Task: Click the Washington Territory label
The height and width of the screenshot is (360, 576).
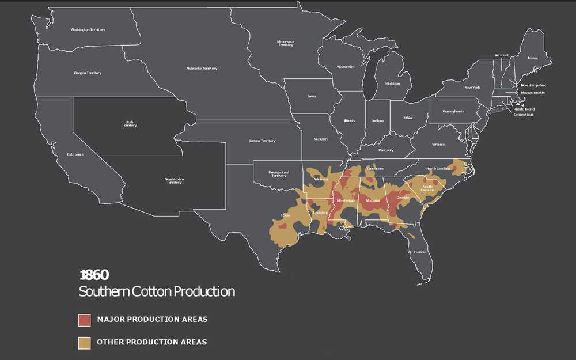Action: click(x=88, y=29)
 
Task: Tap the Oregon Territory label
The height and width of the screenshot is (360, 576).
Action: click(x=88, y=73)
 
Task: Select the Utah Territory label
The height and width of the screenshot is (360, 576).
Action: click(x=129, y=124)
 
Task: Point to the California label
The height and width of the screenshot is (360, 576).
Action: click(x=75, y=154)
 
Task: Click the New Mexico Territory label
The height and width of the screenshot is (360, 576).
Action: click(x=173, y=181)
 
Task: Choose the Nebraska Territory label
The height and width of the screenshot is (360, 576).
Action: click(x=202, y=69)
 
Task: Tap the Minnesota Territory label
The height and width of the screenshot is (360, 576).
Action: click(x=286, y=43)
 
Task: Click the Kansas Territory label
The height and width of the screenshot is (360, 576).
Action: click(x=262, y=141)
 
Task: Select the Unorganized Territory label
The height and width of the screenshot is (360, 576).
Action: click(x=279, y=173)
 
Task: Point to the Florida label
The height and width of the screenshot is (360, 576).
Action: click(x=419, y=252)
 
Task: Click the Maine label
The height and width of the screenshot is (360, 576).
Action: click(x=532, y=58)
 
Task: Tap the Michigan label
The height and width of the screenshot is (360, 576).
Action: click(x=392, y=83)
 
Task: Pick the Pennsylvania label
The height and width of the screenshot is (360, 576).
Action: click(x=453, y=111)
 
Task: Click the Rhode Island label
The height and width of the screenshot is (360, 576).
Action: click(x=524, y=109)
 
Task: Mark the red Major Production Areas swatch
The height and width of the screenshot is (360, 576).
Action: click(x=84, y=319)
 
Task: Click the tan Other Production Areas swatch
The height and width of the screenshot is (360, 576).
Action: click(x=84, y=342)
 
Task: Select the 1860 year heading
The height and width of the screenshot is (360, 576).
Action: click(x=94, y=274)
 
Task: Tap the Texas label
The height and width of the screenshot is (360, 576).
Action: click(x=285, y=215)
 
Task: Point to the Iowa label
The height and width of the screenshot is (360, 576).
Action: click(x=312, y=96)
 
